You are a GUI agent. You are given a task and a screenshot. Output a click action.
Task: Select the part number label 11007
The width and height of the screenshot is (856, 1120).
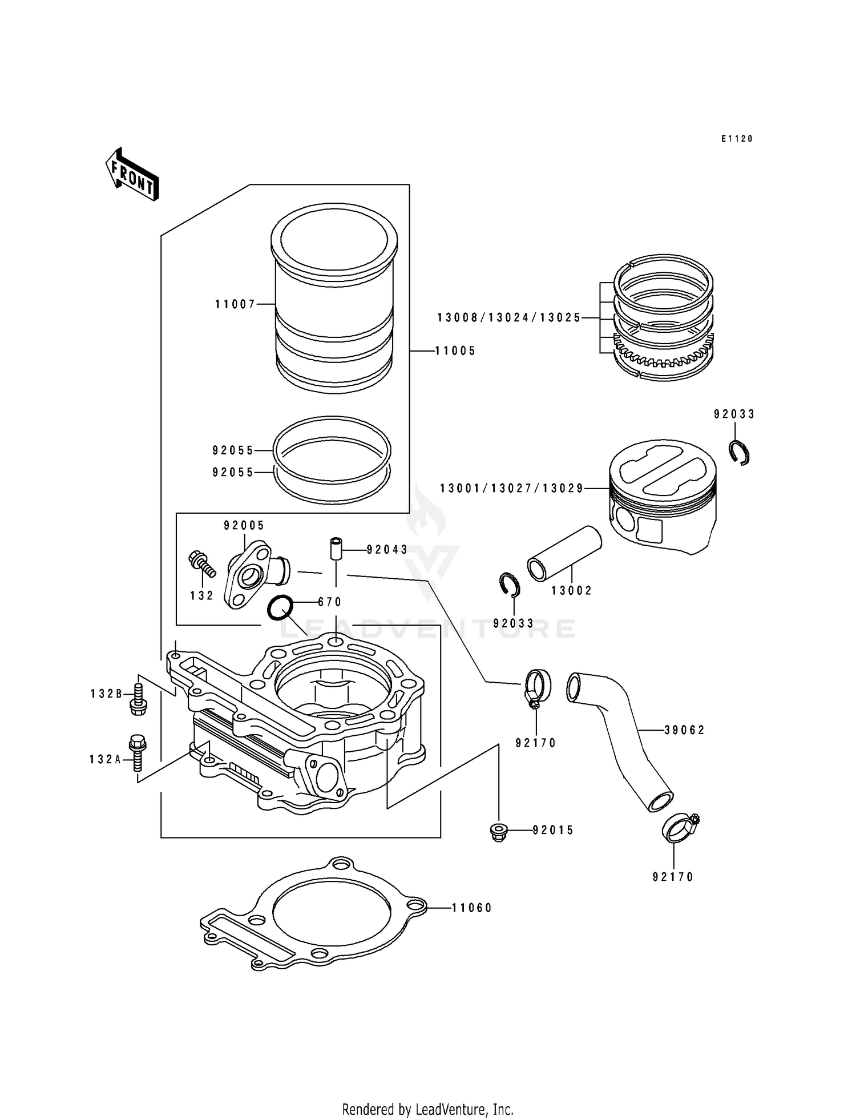(235, 304)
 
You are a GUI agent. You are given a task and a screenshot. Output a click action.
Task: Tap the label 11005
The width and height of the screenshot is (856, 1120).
(455, 350)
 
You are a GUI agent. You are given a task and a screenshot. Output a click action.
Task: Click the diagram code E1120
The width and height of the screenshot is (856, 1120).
(737, 139)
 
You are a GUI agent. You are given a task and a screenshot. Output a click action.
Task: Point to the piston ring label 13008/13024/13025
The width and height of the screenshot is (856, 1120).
(509, 318)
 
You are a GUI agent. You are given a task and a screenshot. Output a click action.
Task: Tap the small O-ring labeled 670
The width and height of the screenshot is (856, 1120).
(280, 607)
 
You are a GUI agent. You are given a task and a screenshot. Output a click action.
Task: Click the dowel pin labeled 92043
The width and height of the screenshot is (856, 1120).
(336, 549)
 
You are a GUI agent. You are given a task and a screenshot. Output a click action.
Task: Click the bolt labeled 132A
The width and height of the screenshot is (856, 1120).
(138, 752)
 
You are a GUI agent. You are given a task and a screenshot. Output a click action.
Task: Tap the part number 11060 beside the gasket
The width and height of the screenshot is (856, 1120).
(471, 907)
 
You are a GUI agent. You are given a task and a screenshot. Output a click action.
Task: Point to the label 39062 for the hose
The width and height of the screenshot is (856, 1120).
(684, 730)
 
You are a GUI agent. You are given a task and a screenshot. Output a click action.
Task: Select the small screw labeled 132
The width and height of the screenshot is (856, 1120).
(201, 562)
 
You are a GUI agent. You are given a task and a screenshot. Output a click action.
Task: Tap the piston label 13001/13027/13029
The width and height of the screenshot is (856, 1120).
(511, 488)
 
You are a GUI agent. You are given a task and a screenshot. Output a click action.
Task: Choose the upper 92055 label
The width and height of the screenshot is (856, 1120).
(233, 450)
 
